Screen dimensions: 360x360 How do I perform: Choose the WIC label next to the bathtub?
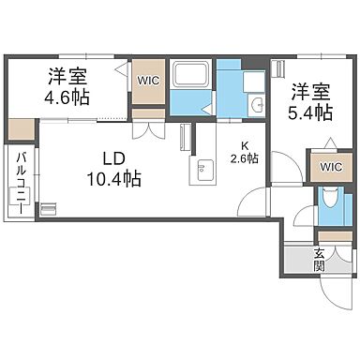point(149,81)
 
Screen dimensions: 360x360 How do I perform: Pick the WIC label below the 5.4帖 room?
point(331,167)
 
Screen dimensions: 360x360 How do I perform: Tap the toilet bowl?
point(327,200)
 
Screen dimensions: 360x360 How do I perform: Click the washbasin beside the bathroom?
point(256,106)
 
